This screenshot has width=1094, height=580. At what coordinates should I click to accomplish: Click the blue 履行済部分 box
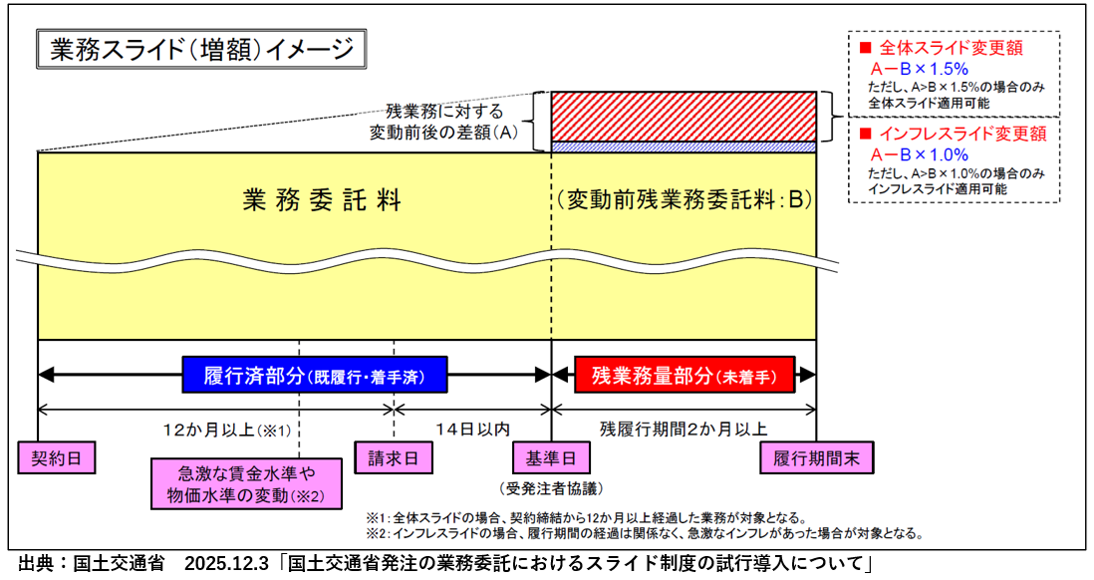click(x=314, y=376)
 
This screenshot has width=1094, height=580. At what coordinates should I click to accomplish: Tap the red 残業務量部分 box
click(x=684, y=376)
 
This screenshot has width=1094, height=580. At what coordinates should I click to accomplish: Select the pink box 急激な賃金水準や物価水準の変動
click(x=245, y=483)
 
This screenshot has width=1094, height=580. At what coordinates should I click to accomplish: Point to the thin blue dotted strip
click(x=684, y=146)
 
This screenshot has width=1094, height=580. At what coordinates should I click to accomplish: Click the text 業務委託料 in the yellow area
click(x=322, y=199)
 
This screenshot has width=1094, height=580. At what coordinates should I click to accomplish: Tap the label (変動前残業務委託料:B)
click(x=685, y=199)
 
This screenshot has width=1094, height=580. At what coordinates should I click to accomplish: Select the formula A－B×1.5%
click(x=920, y=69)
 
